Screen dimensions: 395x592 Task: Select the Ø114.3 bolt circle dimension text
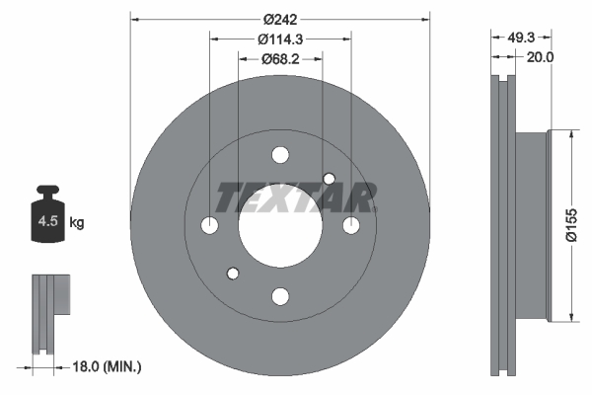pyautogui.click(x=279, y=40)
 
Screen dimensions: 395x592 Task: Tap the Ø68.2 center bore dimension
pyautogui.click(x=280, y=59)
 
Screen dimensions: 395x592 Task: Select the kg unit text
pyautogui.click(x=78, y=223)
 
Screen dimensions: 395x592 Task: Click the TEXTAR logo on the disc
pyautogui.click(x=294, y=197)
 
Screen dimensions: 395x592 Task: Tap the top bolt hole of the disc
pyautogui.click(x=280, y=155)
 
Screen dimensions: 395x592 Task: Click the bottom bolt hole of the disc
pyautogui.click(x=280, y=296)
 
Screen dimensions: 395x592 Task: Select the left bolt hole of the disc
pyautogui.click(x=209, y=226)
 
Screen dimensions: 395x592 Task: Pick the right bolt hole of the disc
pyautogui.click(x=351, y=226)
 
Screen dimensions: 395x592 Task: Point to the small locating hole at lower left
pyautogui.click(x=233, y=274)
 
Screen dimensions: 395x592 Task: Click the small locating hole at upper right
pyautogui.click(x=330, y=178)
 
